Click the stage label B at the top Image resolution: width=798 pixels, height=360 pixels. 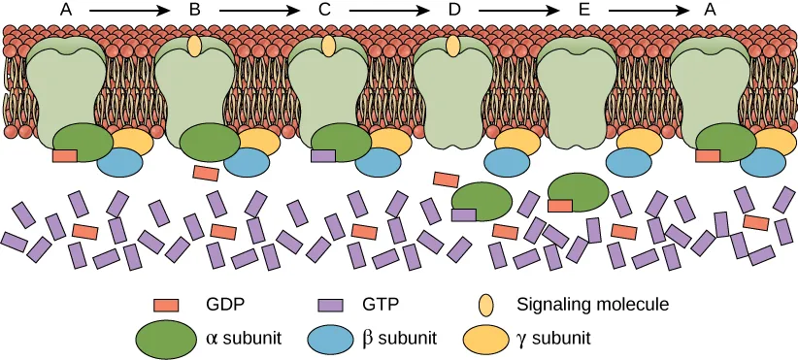click(194, 10)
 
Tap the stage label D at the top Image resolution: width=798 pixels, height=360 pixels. click(453, 10)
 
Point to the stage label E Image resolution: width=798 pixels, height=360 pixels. click(582, 10)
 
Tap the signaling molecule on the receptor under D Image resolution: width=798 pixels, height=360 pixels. click(453, 45)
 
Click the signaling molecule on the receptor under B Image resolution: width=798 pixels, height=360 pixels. click(194, 45)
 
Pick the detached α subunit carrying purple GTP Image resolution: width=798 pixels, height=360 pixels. click(482, 200)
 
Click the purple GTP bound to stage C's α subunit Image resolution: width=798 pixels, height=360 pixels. click(323, 155)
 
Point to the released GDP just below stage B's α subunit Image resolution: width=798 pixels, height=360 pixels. click(205, 173)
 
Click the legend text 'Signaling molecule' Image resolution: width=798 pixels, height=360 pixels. click(592, 304)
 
